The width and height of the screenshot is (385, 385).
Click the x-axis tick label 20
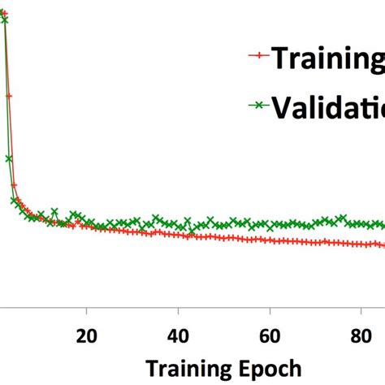[87, 336]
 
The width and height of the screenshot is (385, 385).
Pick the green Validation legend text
[328, 106]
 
